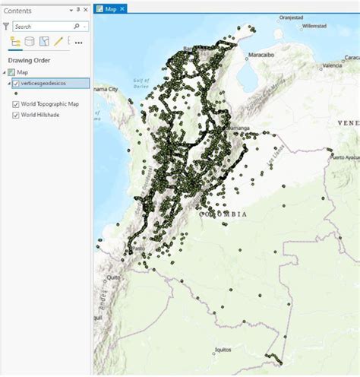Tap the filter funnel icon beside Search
[x=6, y=26]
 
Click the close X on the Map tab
[x=122, y=8]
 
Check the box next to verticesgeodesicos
[x=16, y=83]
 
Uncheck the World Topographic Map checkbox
[x=16, y=103]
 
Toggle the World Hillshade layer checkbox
[x=16, y=115]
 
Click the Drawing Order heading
[x=28, y=60]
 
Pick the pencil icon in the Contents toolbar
[x=58, y=42]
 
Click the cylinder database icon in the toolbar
[x=29, y=42]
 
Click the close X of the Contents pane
[x=85, y=9]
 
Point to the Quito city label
[x=114, y=278]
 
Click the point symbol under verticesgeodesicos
[x=16, y=93]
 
